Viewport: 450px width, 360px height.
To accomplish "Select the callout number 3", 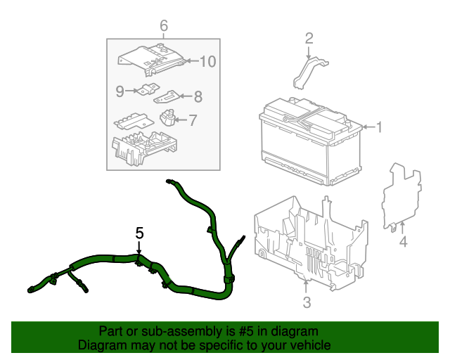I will point(307,303).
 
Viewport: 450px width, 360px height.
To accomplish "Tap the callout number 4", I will point(403,243).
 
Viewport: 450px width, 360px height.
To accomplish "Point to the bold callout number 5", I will point(139,232).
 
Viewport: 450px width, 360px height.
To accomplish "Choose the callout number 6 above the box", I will point(164,26).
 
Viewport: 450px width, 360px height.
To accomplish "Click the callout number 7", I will point(192,120).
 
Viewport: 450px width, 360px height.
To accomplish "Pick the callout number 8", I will point(198,96).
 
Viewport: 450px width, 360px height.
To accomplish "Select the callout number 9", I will point(120,91).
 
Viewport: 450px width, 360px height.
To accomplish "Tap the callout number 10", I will point(207,62).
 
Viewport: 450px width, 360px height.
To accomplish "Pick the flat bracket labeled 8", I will point(167,97).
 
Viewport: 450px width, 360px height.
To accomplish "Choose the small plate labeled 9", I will point(147,90).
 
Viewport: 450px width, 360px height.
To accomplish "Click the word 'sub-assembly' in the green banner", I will point(162,331).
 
